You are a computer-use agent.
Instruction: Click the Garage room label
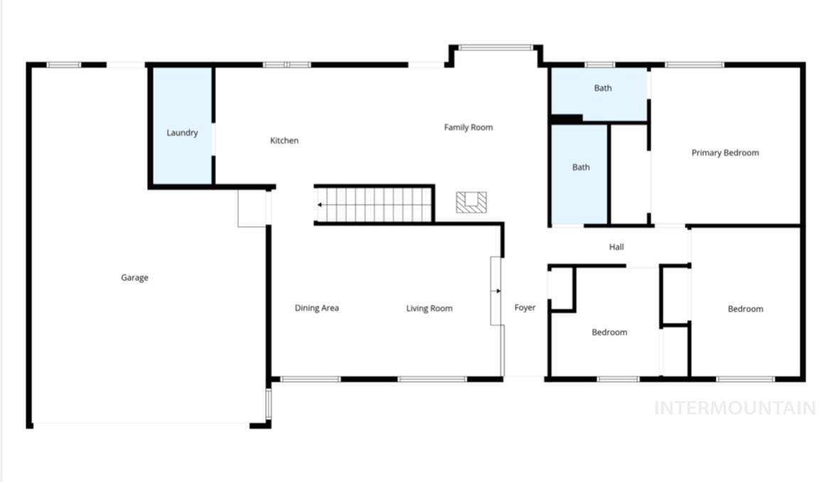pos(134,278)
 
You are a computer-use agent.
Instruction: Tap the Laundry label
pos(182,133)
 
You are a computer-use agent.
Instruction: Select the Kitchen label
pos(284,141)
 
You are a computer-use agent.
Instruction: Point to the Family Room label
pos(468,127)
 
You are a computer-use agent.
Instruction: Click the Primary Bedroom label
pos(724,153)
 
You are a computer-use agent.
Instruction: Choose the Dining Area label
pos(316,308)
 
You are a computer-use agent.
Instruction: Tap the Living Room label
pos(429,308)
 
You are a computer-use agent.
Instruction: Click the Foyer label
pos(525,308)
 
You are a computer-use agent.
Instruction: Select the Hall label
pos(616,247)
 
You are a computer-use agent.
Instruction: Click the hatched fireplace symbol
pos(471,203)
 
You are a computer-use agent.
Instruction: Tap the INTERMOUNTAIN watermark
pos(734,407)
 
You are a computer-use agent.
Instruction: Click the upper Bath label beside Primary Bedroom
pos(602,89)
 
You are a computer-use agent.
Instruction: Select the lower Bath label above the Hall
pos(581,168)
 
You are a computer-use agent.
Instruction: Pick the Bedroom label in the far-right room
pos(745,309)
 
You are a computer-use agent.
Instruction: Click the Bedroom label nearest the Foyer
pos(609,332)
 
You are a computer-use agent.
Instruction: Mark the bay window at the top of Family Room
pos(496,48)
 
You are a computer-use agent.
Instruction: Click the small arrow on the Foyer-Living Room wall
pos(498,291)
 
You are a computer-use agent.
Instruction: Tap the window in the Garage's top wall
pos(64,65)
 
